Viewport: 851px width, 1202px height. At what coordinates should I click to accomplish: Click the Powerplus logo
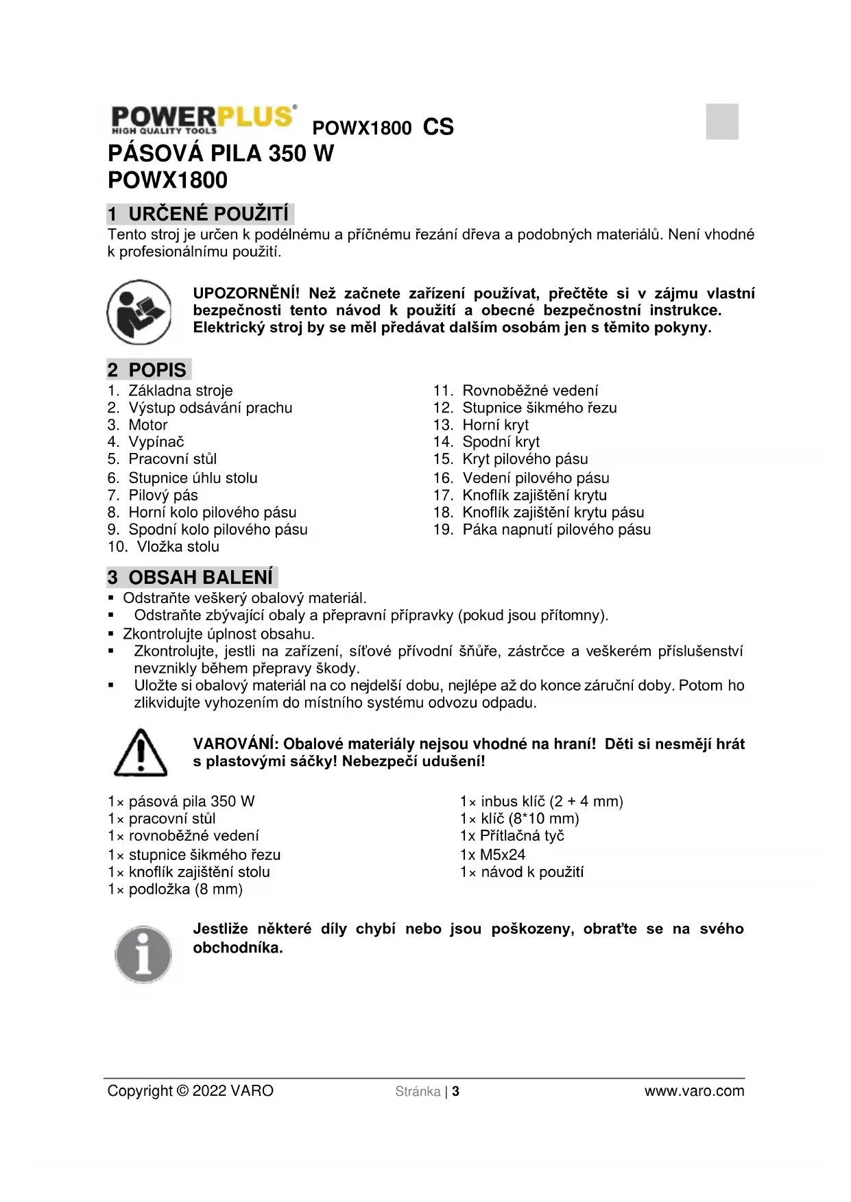coord(203,119)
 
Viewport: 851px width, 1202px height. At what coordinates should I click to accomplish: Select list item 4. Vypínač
coord(146,442)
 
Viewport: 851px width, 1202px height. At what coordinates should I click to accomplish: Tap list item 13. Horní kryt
coord(481,425)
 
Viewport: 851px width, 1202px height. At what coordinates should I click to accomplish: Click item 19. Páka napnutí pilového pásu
coord(542,530)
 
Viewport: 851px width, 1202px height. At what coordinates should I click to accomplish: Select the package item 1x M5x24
coord(492,855)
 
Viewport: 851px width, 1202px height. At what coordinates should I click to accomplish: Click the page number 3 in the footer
coord(456,1092)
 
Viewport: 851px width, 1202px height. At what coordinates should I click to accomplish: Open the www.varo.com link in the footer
coord(694,1091)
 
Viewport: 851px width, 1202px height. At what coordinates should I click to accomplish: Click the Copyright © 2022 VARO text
coord(190,1091)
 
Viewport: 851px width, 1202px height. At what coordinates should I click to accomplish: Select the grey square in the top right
coord(722,121)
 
